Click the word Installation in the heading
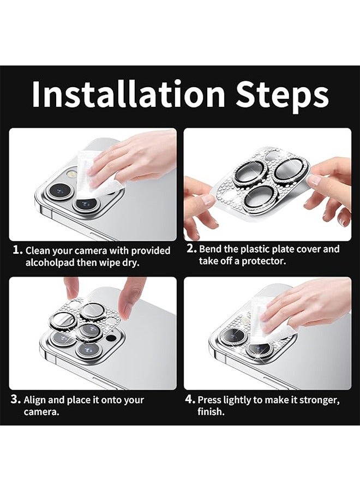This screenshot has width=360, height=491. pos(128,93)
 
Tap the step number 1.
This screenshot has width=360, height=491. pos(17,250)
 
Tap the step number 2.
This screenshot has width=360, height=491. pos(191,249)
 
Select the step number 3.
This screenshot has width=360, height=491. pos(16,399)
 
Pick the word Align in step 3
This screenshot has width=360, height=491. pos(35,400)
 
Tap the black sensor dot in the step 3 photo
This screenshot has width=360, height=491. pos(110,338)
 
